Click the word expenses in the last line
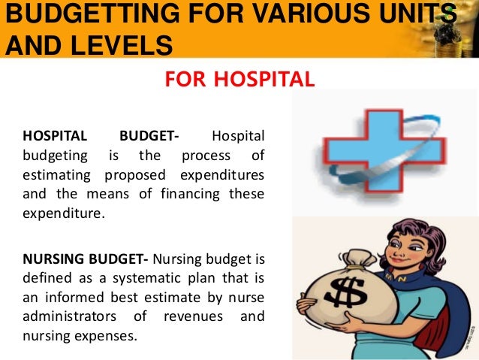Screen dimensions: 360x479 click(113, 334)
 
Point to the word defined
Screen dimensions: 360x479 click(44, 279)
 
